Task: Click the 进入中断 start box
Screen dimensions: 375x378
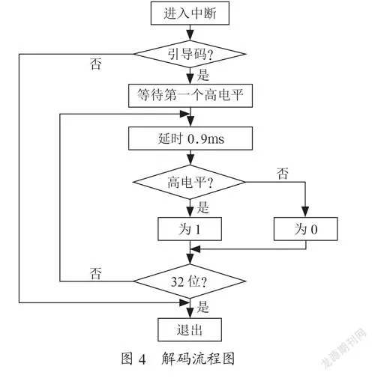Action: (x=190, y=13)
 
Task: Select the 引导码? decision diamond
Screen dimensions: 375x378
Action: (x=190, y=54)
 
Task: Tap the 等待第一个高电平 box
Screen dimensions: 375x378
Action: (x=190, y=96)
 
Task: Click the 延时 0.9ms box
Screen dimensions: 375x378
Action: (x=190, y=138)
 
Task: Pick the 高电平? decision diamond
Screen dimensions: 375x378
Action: (x=189, y=182)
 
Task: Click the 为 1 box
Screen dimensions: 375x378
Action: (x=190, y=229)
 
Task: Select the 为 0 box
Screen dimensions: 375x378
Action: (x=305, y=229)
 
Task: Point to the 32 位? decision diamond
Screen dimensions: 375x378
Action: (x=190, y=281)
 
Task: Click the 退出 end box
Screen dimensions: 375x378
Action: (x=190, y=329)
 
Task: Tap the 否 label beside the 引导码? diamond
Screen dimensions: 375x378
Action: (x=96, y=64)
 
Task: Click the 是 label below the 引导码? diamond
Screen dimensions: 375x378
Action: (x=202, y=75)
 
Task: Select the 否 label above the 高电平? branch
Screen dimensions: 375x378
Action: (x=283, y=174)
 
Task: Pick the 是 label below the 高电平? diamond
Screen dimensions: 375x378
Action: (x=202, y=207)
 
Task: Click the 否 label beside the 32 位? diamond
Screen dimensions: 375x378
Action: (x=96, y=273)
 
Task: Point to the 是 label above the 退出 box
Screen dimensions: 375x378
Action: (x=202, y=307)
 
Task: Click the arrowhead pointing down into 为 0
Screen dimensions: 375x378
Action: (x=305, y=212)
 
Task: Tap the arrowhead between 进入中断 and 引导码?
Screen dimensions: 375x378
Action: (x=190, y=35)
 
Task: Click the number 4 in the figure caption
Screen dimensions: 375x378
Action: (x=142, y=359)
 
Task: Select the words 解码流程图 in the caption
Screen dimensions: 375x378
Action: (x=198, y=359)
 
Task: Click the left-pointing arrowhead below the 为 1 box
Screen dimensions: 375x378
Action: (x=196, y=249)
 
